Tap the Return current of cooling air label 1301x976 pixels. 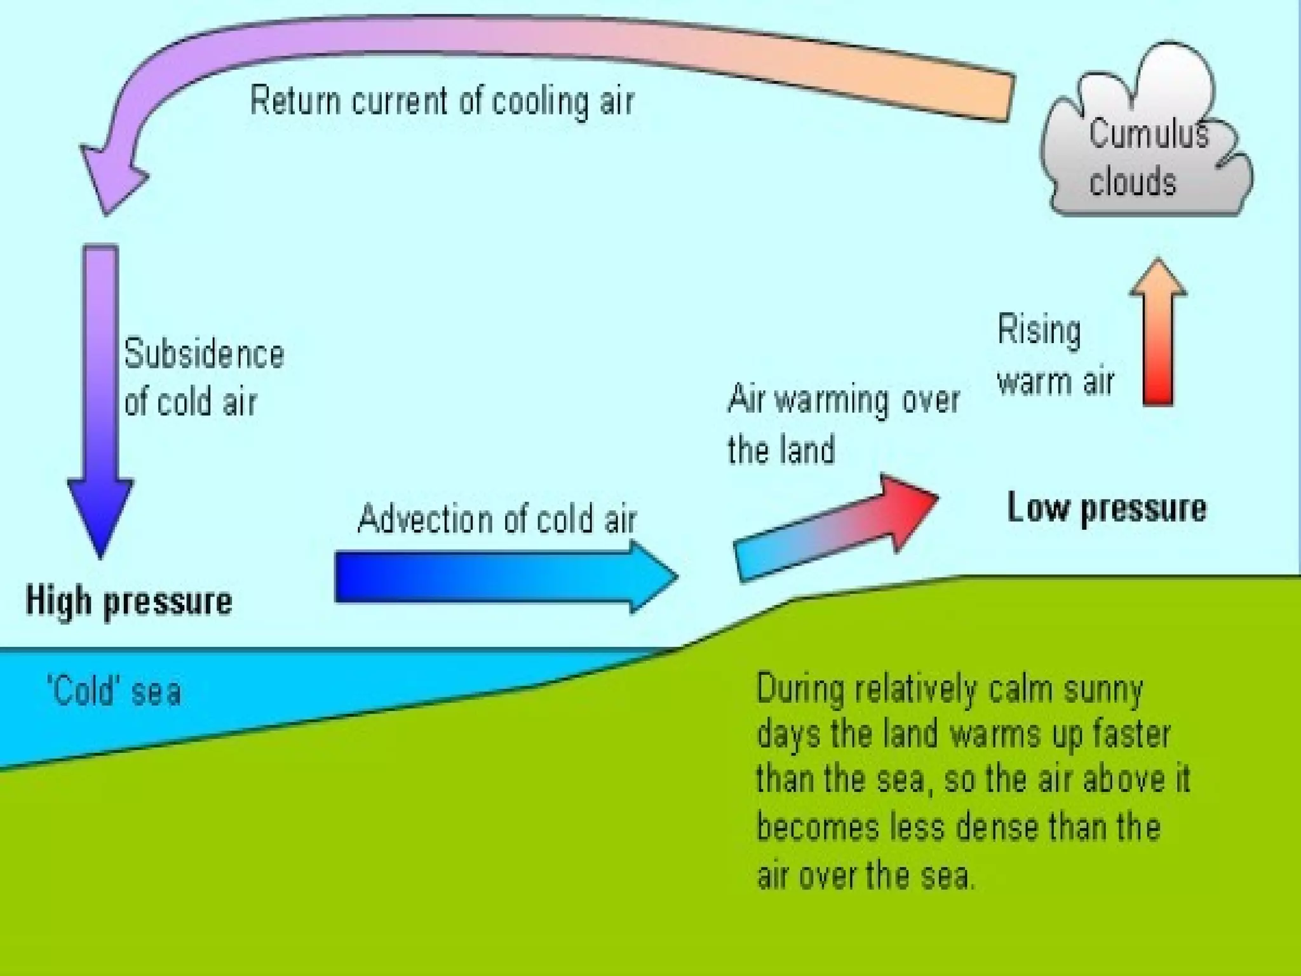click(442, 101)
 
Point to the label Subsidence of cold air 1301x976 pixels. click(203, 378)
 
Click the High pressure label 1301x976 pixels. click(129, 601)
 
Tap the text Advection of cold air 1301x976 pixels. click(497, 519)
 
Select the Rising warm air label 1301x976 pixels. click(1055, 356)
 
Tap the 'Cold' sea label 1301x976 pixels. click(114, 691)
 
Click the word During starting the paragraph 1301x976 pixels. click(800, 689)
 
